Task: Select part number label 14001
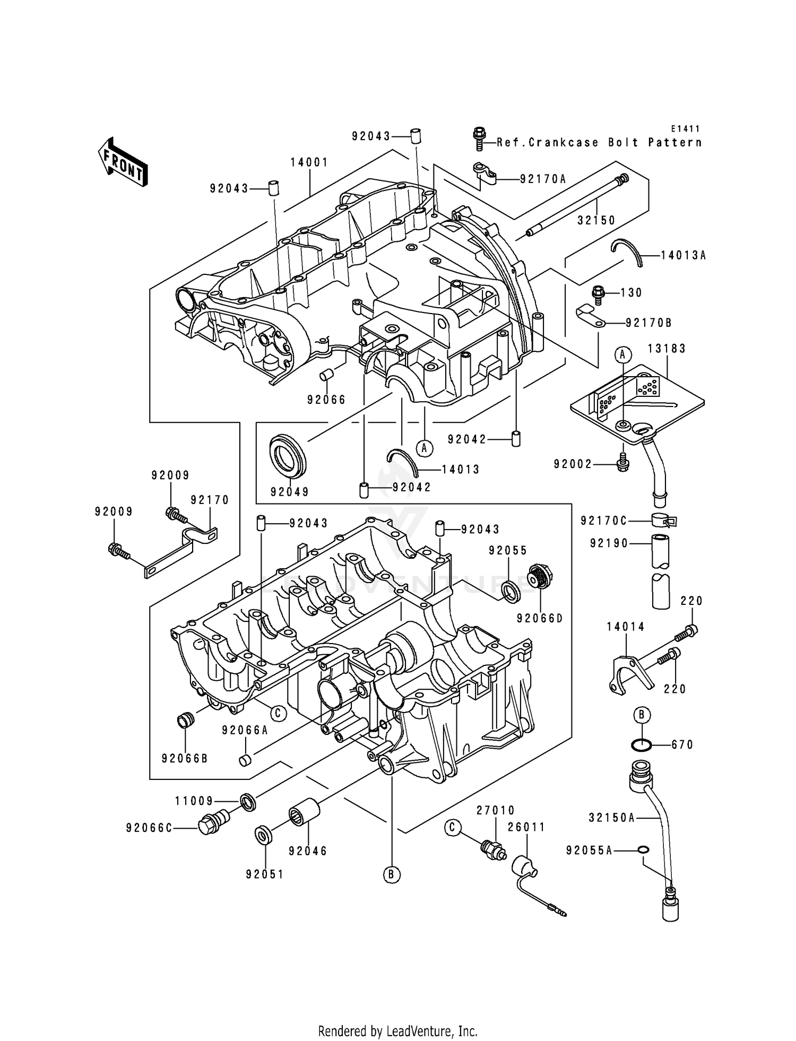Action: click(309, 162)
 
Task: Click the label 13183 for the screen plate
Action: click(667, 349)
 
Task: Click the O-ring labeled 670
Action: click(642, 745)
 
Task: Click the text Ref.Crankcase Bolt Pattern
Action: click(599, 143)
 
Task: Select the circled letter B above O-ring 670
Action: click(642, 715)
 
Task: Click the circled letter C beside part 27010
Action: click(452, 827)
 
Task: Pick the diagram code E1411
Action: click(685, 129)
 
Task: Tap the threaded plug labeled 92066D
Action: click(540, 577)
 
